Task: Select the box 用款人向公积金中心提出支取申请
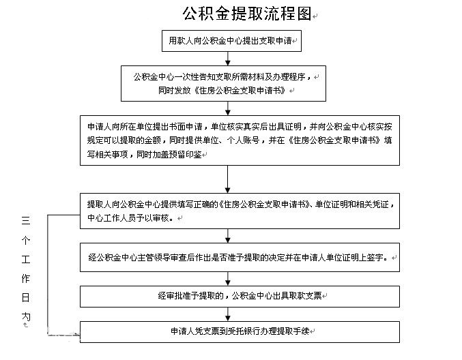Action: click(x=231, y=41)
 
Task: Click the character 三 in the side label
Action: click(x=26, y=220)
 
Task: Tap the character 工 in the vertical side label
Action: click(x=26, y=259)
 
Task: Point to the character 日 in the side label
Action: click(x=26, y=298)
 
